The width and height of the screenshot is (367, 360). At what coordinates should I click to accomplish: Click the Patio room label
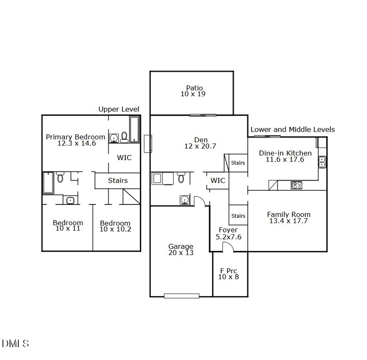[x=194, y=91]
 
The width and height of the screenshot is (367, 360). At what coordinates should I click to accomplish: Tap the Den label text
[x=200, y=143]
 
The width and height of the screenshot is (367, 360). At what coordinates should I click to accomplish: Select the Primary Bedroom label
[x=76, y=140]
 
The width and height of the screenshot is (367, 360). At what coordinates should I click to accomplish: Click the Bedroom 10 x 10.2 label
[x=115, y=226]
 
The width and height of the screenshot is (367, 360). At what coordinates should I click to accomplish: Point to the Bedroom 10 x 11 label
[x=68, y=225]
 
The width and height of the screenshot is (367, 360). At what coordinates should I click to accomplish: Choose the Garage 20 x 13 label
[x=181, y=249]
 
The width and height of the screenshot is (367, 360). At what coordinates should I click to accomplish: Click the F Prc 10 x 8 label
[x=228, y=274]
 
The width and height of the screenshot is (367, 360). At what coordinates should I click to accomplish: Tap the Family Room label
[x=289, y=217]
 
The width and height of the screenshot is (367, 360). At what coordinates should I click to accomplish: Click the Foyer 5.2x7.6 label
[x=228, y=233]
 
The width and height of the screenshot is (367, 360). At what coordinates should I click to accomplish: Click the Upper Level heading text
[x=119, y=109]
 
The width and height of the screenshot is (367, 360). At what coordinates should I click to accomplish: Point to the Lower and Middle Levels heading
[x=293, y=130]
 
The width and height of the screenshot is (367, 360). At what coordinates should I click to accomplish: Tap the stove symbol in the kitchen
[x=297, y=185]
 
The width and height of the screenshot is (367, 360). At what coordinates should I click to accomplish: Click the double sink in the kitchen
[x=322, y=161]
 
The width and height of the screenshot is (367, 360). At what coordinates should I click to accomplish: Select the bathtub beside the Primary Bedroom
[x=134, y=129]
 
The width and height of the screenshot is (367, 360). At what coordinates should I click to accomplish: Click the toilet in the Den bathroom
[x=181, y=177]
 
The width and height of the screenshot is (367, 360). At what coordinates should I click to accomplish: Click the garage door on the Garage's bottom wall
[x=182, y=296]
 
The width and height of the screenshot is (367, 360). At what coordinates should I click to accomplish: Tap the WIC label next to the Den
[x=218, y=181]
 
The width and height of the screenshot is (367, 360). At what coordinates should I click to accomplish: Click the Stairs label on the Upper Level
[x=118, y=181]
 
